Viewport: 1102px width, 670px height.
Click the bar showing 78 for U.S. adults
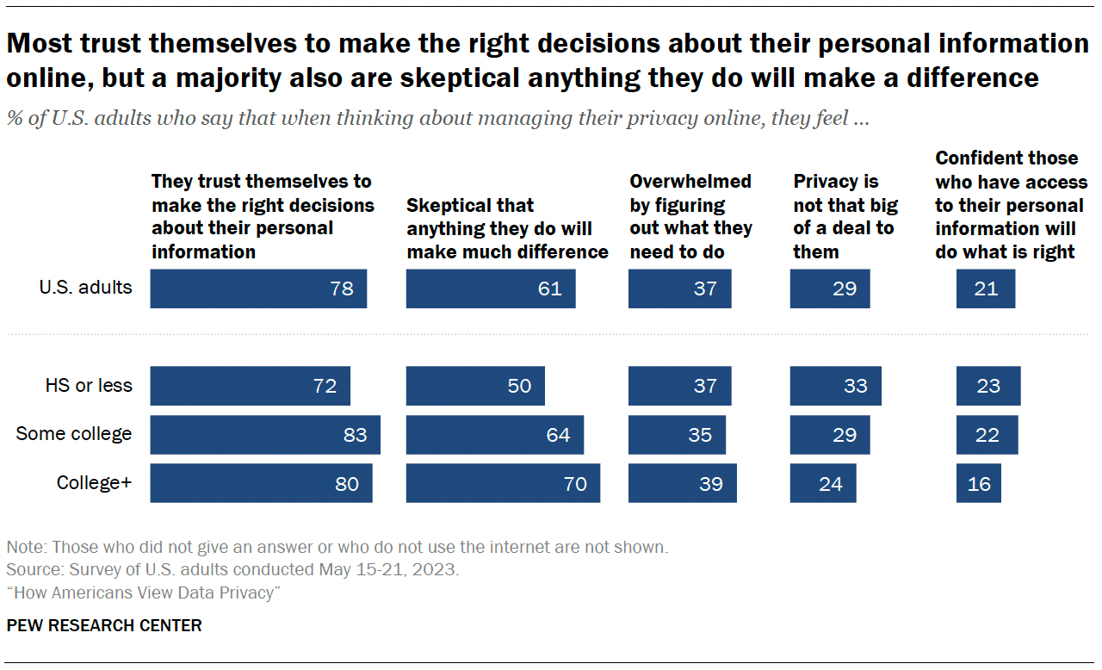coord(258,288)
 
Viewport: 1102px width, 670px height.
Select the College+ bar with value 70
coord(503,483)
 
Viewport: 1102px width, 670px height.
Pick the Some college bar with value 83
coord(265,435)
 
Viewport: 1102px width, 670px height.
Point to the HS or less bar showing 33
coord(835,386)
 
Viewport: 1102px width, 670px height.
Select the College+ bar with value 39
coord(682,483)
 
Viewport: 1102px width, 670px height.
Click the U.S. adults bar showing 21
coord(985,288)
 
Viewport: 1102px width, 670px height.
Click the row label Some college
coord(74,434)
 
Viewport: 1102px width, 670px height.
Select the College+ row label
coord(94,483)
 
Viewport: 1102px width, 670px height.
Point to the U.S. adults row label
coord(85,287)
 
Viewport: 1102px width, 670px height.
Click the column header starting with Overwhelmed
coord(690,216)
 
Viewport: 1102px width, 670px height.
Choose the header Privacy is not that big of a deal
coord(845,216)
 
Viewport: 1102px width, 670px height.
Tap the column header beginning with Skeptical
coord(507,228)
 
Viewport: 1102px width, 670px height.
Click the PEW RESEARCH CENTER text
coord(104,625)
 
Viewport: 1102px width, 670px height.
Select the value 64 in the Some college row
coord(558,435)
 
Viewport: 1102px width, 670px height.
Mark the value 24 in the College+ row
coord(830,484)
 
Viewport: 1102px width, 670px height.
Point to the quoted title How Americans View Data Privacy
coord(144,592)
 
